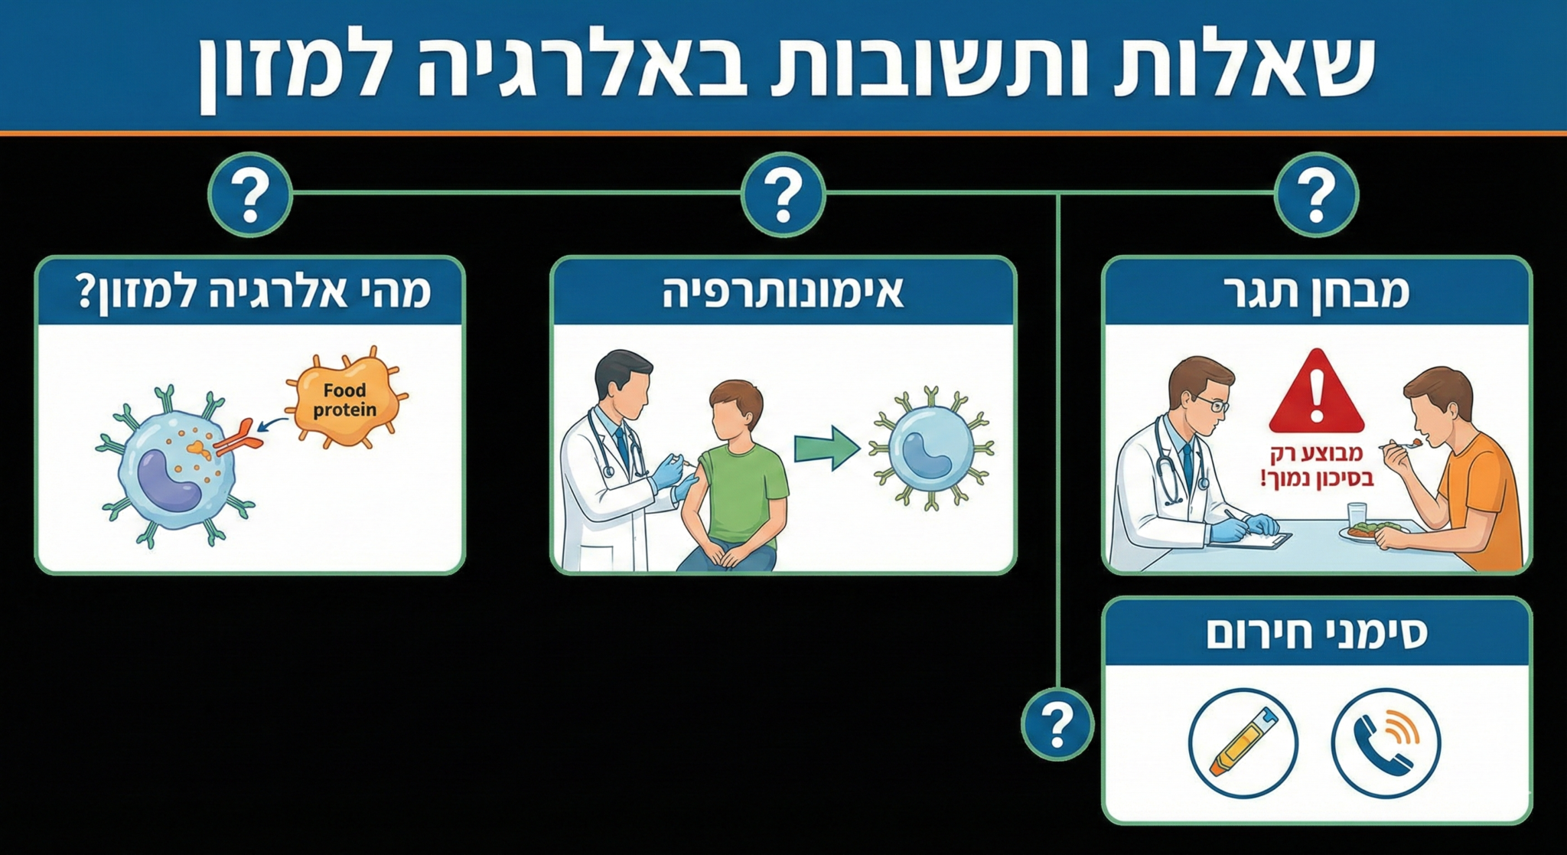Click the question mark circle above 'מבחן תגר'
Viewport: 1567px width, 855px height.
point(1316,194)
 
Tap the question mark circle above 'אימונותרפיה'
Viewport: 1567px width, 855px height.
point(783,194)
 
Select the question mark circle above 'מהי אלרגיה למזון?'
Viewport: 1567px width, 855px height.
point(250,194)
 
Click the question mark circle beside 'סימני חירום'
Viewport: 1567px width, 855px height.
point(1057,723)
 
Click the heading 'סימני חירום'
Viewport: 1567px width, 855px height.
point(1316,635)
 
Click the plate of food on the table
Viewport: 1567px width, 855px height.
point(1373,531)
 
